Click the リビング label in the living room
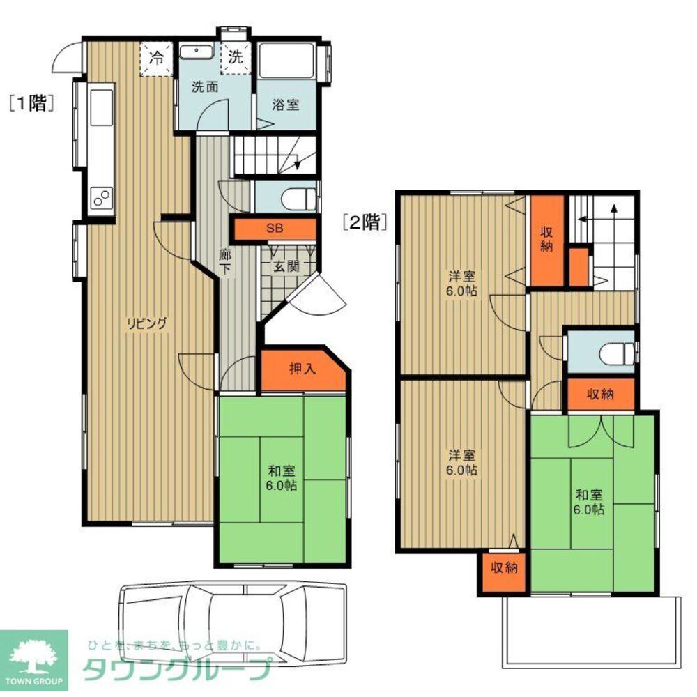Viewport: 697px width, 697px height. (x=147, y=323)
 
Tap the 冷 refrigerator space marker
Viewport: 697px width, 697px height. (x=156, y=59)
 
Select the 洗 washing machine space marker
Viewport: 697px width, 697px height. (x=236, y=58)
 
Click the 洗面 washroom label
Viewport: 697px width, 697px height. (x=204, y=87)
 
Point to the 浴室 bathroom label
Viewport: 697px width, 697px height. (x=285, y=105)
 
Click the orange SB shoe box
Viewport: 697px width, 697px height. (x=275, y=229)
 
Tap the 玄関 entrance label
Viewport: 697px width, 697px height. (x=286, y=267)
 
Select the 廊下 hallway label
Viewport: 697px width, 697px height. (x=225, y=261)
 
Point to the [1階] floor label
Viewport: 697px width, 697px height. (x=31, y=103)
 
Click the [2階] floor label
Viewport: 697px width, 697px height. (x=363, y=222)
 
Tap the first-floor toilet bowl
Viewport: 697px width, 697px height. (x=299, y=199)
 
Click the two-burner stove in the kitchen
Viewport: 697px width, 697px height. (x=101, y=198)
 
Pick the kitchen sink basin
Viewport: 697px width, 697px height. (x=102, y=107)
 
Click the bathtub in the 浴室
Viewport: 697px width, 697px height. (x=287, y=61)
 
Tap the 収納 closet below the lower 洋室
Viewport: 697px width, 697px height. (x=504, y=572)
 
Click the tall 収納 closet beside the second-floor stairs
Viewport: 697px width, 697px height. (x=546, y=240)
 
